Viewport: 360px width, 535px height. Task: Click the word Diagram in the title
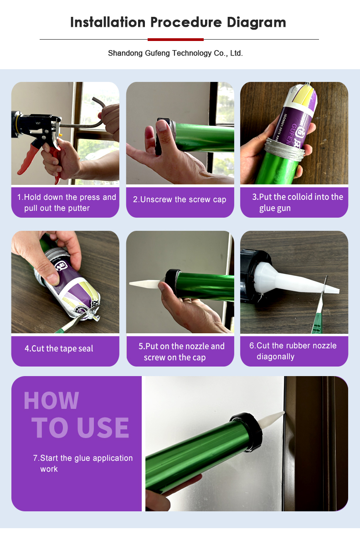tap(256, 22)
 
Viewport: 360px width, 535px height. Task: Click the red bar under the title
tap(175, 40)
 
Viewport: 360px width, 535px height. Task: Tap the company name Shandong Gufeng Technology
tap(160, 53)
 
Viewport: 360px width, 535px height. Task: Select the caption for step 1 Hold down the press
tap(67, 203)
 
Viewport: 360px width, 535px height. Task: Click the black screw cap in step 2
tap(163, 137)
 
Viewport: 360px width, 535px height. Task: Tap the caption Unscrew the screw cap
tap(180, 199)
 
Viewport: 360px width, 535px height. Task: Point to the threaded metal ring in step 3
tap(284, 149)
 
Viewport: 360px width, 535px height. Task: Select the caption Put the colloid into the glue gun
tap(298, 202)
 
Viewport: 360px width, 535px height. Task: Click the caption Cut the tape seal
tap(59, 348)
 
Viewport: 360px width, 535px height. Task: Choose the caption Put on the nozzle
tap(181, 352)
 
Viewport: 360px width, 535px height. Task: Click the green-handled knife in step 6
tap(320, 307)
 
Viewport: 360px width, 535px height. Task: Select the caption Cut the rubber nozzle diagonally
tap(293, 351)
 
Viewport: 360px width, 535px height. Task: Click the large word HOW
tap(51, 400)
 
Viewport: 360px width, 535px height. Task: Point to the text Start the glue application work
tap(82, 464)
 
